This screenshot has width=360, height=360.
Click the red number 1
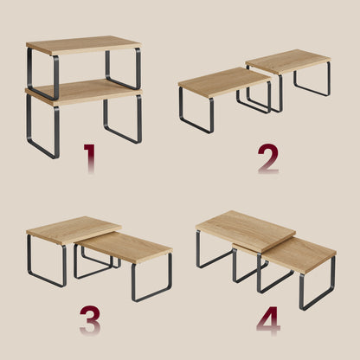90,158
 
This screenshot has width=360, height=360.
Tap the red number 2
268,158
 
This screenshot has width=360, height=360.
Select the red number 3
90,320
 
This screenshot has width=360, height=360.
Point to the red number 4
268,320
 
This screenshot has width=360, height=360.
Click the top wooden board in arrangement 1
83,45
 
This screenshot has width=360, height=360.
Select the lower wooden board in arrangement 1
84,92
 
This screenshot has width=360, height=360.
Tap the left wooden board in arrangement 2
224,82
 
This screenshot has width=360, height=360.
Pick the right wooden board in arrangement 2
288,61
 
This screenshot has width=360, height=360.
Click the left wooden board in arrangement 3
74,230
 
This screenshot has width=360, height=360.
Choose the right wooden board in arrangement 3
125,247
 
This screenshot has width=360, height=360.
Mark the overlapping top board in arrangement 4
246,231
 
